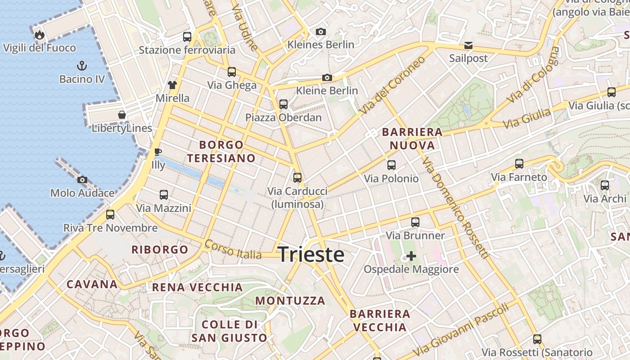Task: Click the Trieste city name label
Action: (x=311, y=255)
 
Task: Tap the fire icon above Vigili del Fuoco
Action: (x=39, y=35)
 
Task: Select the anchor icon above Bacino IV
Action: (x=82, y=66)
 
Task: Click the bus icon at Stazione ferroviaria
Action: (x=187, y=37)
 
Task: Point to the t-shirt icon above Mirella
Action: (x=172, y=85)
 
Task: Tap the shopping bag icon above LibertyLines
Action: (x=121, y=115)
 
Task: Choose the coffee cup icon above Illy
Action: (x=157, y=152)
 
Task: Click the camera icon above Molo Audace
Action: (x=82, y=180)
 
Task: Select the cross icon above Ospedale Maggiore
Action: (x=411, y=256)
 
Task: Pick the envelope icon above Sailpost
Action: (x=468, y=45)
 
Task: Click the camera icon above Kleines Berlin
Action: (x=321, y=31)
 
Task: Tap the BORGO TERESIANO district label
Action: (x=221, y=152)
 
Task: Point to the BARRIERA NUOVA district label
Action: (x=412, y=139)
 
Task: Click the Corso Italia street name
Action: (x=233, y=249)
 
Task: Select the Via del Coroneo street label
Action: (x=392, y=85)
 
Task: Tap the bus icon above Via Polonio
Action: (x=391, y=165)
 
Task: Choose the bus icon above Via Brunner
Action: (x=415, y=222)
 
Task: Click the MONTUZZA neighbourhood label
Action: (x=290, y=301)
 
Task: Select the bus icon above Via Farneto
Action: (x=519, y=164)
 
